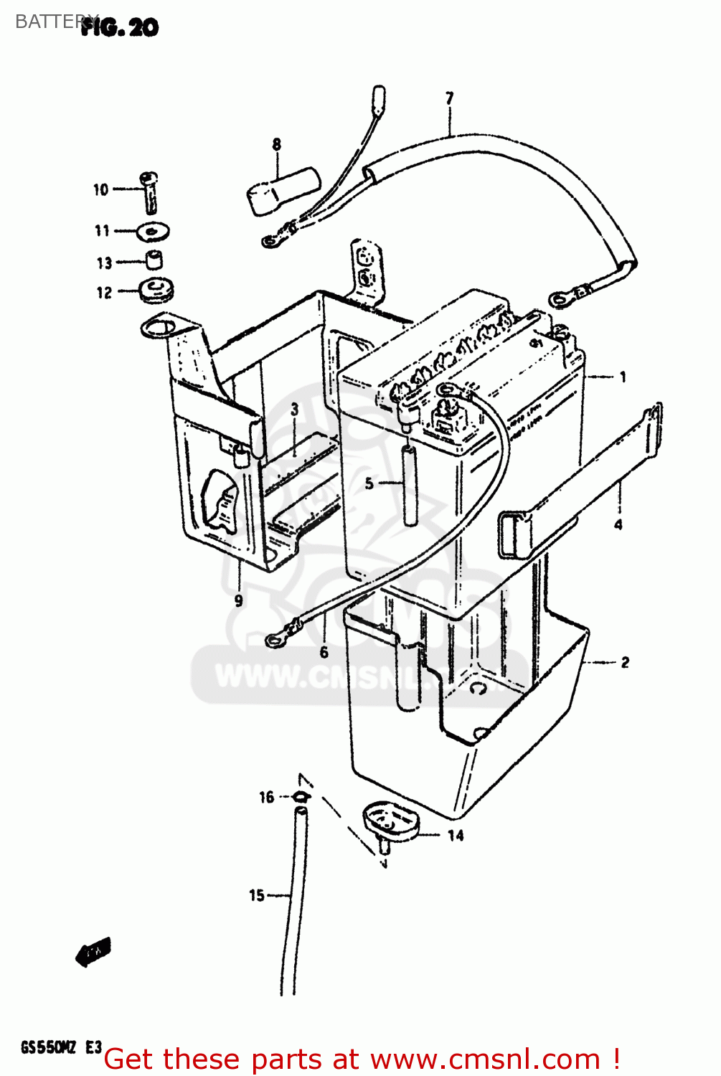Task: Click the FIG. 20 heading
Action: click(119, 27)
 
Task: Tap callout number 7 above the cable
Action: click(450, 98)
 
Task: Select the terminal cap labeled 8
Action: click(283, 189)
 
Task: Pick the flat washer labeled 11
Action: click(152, 231)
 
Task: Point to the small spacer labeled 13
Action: click(154, 260)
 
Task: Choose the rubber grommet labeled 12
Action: click(154, 291)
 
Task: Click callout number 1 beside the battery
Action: click(622, 377)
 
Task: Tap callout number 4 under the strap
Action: click(618, 524)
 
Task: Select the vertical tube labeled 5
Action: click(410, 486)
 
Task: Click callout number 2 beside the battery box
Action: click(624, 662)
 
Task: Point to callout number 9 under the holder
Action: click(239, 600)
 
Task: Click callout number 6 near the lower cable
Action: click(324, 651)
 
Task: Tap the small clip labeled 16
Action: click(299, 796)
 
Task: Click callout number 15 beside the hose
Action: click(256, 895)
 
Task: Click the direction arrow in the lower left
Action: click(93, 953)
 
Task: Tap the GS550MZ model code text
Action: click(49, 1047)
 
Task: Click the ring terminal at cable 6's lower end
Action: click(273, 638)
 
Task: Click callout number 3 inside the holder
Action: click(294, 410)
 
